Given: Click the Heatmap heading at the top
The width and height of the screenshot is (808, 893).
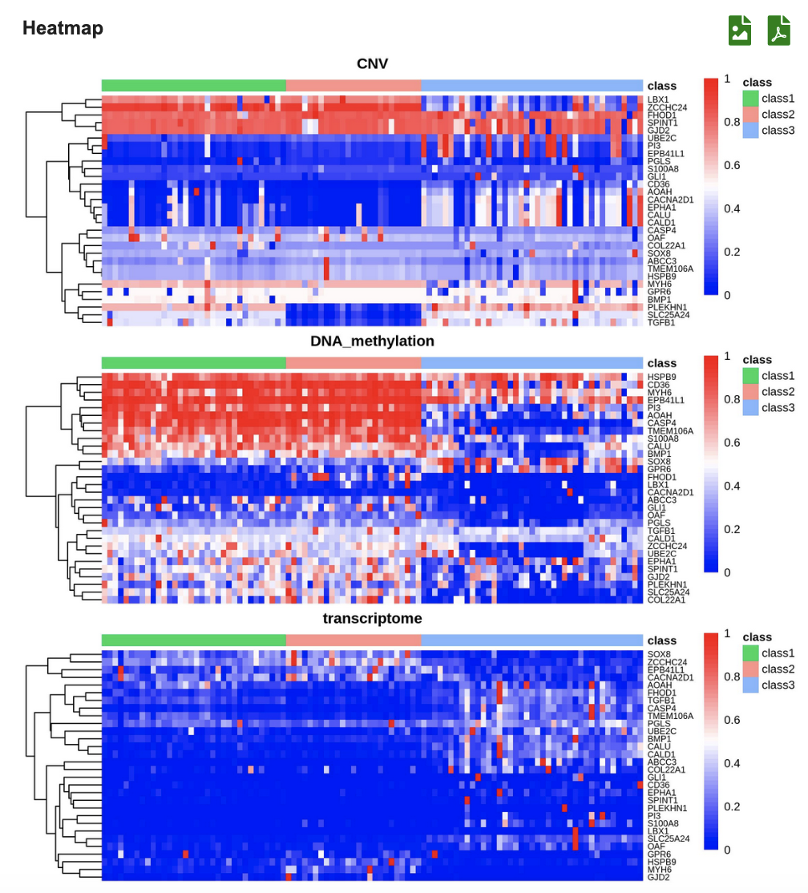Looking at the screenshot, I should coord(63,28).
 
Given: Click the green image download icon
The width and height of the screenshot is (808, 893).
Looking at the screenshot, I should coord(740,30).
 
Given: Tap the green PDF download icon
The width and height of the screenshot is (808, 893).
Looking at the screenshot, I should coord(778,30).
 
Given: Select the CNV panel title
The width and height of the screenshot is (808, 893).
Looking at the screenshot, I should coord(373,63).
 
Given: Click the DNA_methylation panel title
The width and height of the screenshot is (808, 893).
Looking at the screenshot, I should coord(374,341).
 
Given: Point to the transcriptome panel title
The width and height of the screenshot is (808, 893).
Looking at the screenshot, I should coord(372,618).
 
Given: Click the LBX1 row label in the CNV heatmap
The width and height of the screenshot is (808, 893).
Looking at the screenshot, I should coord(658,100).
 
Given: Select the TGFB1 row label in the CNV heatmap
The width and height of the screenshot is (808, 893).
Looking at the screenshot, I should coord(661,322).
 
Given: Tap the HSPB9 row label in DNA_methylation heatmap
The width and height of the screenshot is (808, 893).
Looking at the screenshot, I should coord(662,377).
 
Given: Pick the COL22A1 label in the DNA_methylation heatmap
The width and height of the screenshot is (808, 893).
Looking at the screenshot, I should coord(667,600).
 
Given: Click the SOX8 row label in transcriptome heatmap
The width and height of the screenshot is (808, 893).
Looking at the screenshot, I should coord(659,654).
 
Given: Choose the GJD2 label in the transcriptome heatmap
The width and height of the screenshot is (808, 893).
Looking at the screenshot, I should coord(659,877).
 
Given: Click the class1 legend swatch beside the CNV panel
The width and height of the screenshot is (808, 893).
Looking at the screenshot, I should coord(749,99).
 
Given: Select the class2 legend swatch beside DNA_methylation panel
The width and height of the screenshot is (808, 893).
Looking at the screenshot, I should coord(749,392).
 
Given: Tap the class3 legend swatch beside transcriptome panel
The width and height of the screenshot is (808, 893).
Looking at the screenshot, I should coord(749,685).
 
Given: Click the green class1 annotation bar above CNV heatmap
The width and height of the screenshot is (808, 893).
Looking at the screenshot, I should coord(193,86).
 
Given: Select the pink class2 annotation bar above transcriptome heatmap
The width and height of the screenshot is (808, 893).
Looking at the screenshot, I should coord(353,640).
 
